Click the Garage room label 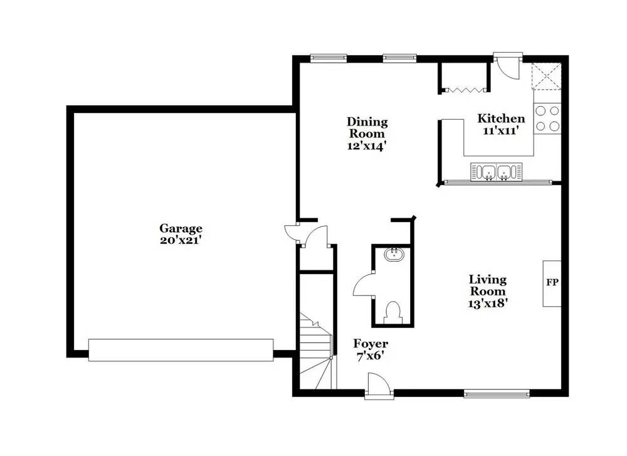click(181, 228)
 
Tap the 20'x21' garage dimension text click(180, 240)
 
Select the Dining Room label click(367, 127)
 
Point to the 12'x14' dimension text click(367, 146)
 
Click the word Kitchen click(501, 119)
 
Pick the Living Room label click(487, 285)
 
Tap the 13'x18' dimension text click(488, 304)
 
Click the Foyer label click(371, 344)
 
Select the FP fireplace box click(552, 284)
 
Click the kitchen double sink click(496, 172)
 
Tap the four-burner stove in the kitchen click(547, 119)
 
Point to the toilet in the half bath click(394, 312)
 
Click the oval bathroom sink click(394, 253)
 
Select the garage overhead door click(181, 351)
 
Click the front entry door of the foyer click(379, 386)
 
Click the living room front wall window click(497, 394)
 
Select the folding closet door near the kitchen click(464, 90)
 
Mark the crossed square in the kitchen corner click(546, 77)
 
